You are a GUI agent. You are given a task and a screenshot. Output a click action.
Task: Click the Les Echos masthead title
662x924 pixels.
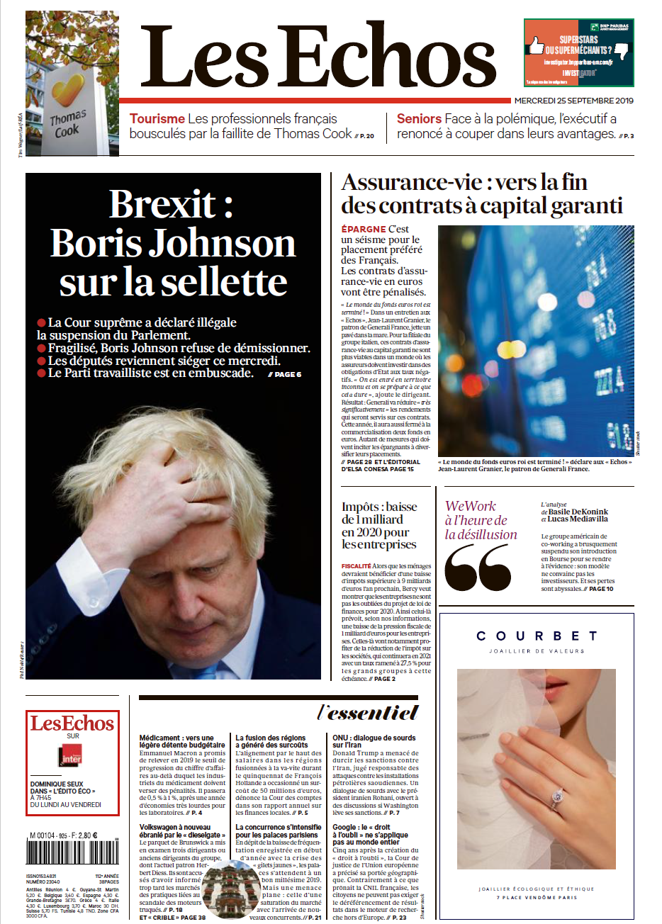pos(318,57)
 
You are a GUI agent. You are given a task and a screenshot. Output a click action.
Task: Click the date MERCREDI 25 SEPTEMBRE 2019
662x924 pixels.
pos(573,101)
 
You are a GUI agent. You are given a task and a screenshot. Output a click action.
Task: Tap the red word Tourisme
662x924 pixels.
pos(157,119)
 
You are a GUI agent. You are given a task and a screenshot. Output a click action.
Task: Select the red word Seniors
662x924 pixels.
pos(419,119)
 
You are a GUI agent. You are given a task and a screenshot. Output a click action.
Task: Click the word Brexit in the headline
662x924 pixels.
pos(162,205)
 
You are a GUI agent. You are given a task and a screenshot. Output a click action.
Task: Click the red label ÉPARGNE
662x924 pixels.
pos(363,230)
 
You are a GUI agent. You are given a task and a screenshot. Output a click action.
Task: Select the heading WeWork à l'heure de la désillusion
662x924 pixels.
pos(481,521)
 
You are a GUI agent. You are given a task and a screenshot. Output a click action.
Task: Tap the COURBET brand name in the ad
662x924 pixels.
pos(537,636)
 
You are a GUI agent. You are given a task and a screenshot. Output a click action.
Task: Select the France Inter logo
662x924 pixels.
pos(72,756)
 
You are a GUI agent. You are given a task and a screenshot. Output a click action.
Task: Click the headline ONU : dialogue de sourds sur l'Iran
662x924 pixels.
pos(374,741)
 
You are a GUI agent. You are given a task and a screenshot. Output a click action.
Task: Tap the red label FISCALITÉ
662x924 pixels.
pos(356,566)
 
